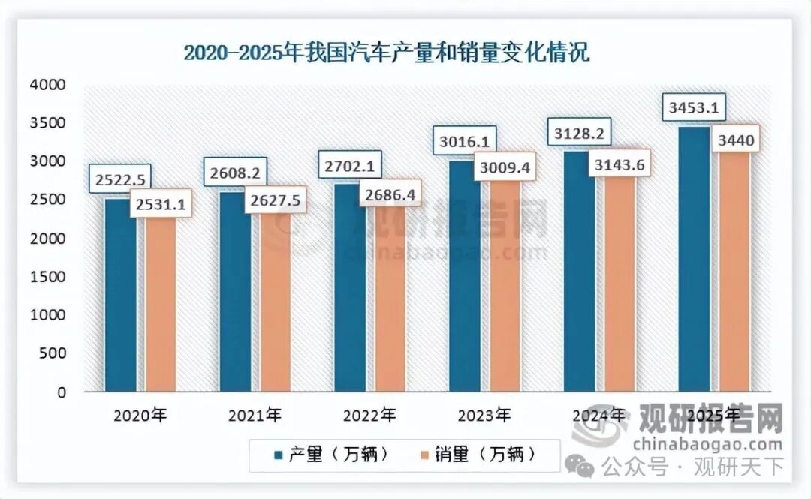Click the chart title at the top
[x=387, y=54]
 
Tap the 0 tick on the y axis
[x=62, y=392]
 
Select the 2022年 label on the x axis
[x=369, y=414]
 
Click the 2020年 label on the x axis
[x=137, y=414]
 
